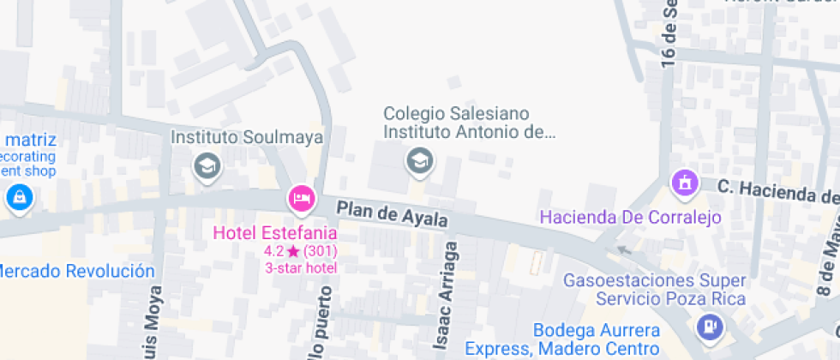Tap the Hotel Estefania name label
coord(275,232)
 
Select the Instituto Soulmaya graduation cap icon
coord(207,165)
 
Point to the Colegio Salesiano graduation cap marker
coord(419,159)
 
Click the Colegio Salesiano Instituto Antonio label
coord(469,123)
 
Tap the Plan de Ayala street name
coord(392,213)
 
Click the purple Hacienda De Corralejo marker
coord(684,182)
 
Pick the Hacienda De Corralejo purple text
coord(630,217)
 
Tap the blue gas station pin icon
coord(710,326)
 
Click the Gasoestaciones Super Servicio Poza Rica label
coord(654,290)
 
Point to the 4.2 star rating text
coord(300,251)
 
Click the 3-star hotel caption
coord(300,267)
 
